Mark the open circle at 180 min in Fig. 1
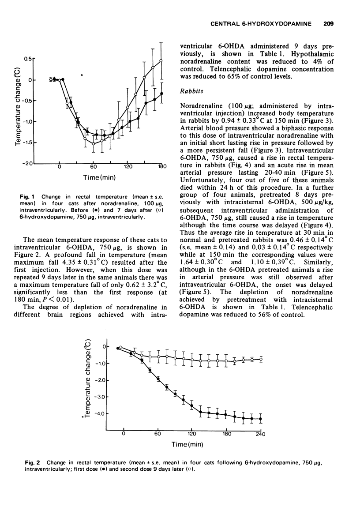pyautogui.click(x=161, y=60)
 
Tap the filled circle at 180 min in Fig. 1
pyautogui.click(x=162, y=94)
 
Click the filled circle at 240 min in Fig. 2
pyautogui.click(x=260, y=419)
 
